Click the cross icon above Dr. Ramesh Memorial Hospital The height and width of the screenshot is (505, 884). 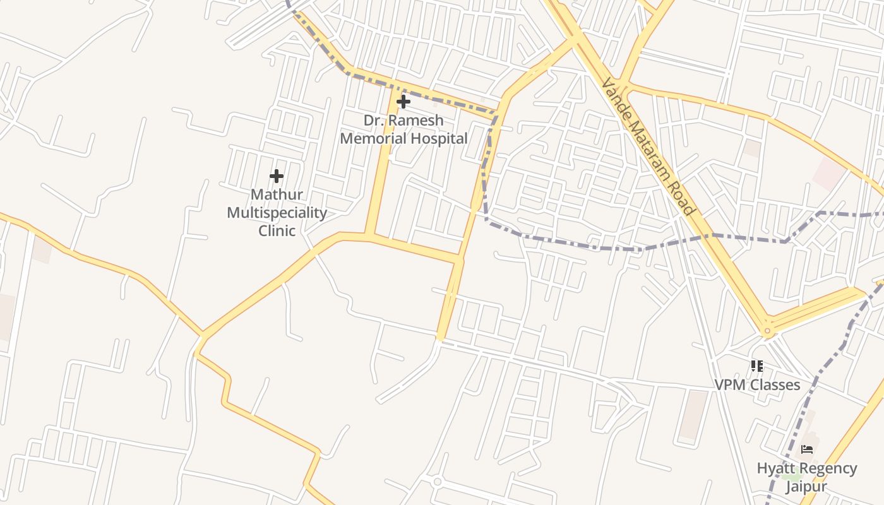403,101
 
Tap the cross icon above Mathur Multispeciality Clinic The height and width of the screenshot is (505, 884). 277,176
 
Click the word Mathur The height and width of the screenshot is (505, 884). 277,194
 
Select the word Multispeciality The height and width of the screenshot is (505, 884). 277,213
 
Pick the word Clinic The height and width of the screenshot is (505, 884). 277,230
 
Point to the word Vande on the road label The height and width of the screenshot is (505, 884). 613,95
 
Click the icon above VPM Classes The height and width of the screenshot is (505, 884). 757,366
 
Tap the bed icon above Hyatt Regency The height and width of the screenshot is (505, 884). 806,449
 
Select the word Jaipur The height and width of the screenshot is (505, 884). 806,487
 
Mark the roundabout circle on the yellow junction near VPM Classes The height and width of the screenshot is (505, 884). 767,330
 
